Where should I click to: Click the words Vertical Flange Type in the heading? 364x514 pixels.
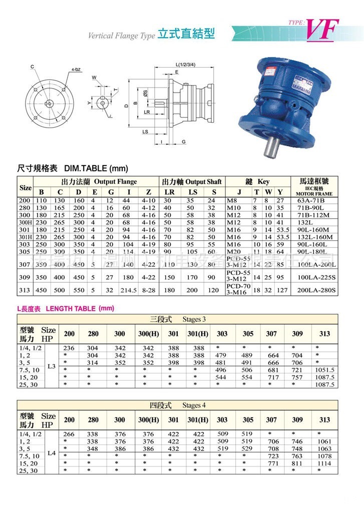[x=121, y=36]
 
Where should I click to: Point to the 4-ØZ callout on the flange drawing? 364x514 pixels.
[x=76, y=69]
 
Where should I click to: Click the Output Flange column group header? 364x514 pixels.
[x=99, y=182]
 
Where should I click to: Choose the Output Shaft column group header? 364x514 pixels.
[x=191, y=182]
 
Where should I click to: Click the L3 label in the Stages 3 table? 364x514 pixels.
[x=51, y=366]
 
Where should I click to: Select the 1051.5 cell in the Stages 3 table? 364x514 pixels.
[x=325, y=370]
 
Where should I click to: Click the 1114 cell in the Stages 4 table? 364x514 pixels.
[x=325, y=464]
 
